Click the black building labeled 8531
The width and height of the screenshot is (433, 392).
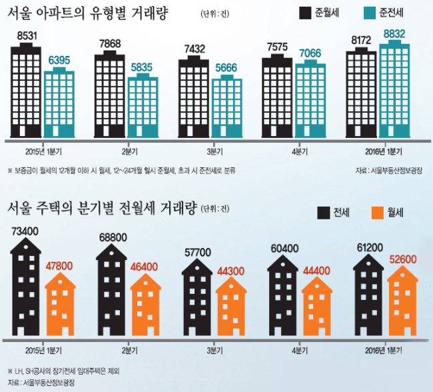[26, 90]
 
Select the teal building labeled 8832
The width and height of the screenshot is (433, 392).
[394, 89]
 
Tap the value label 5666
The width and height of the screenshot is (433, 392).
[226, 68]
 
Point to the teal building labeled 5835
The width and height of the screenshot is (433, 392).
[143, 105]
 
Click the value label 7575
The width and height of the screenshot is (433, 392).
[277, 47]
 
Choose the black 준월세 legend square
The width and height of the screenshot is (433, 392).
[305, 13]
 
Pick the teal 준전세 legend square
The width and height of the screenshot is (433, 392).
[370, 13]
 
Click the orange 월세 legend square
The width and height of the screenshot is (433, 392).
[378, 213]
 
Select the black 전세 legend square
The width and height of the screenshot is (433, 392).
[324, 213]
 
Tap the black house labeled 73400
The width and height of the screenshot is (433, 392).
[26, 287]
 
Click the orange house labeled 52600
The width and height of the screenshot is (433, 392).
[402, 301]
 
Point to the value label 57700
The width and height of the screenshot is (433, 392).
[197, 253]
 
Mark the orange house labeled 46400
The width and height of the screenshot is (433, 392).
[145, 305]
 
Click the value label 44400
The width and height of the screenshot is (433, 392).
[316, 271]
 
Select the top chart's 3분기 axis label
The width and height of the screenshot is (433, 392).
[215, 151]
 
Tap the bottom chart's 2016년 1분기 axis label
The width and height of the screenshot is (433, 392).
[384, 351]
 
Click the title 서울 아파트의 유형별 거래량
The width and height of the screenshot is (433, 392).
[87, 13]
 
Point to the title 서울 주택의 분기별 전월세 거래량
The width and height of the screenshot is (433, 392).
[102, 208]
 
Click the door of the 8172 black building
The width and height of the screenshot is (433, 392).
[358, 131]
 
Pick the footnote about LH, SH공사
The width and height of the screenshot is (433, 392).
[64, 371]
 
